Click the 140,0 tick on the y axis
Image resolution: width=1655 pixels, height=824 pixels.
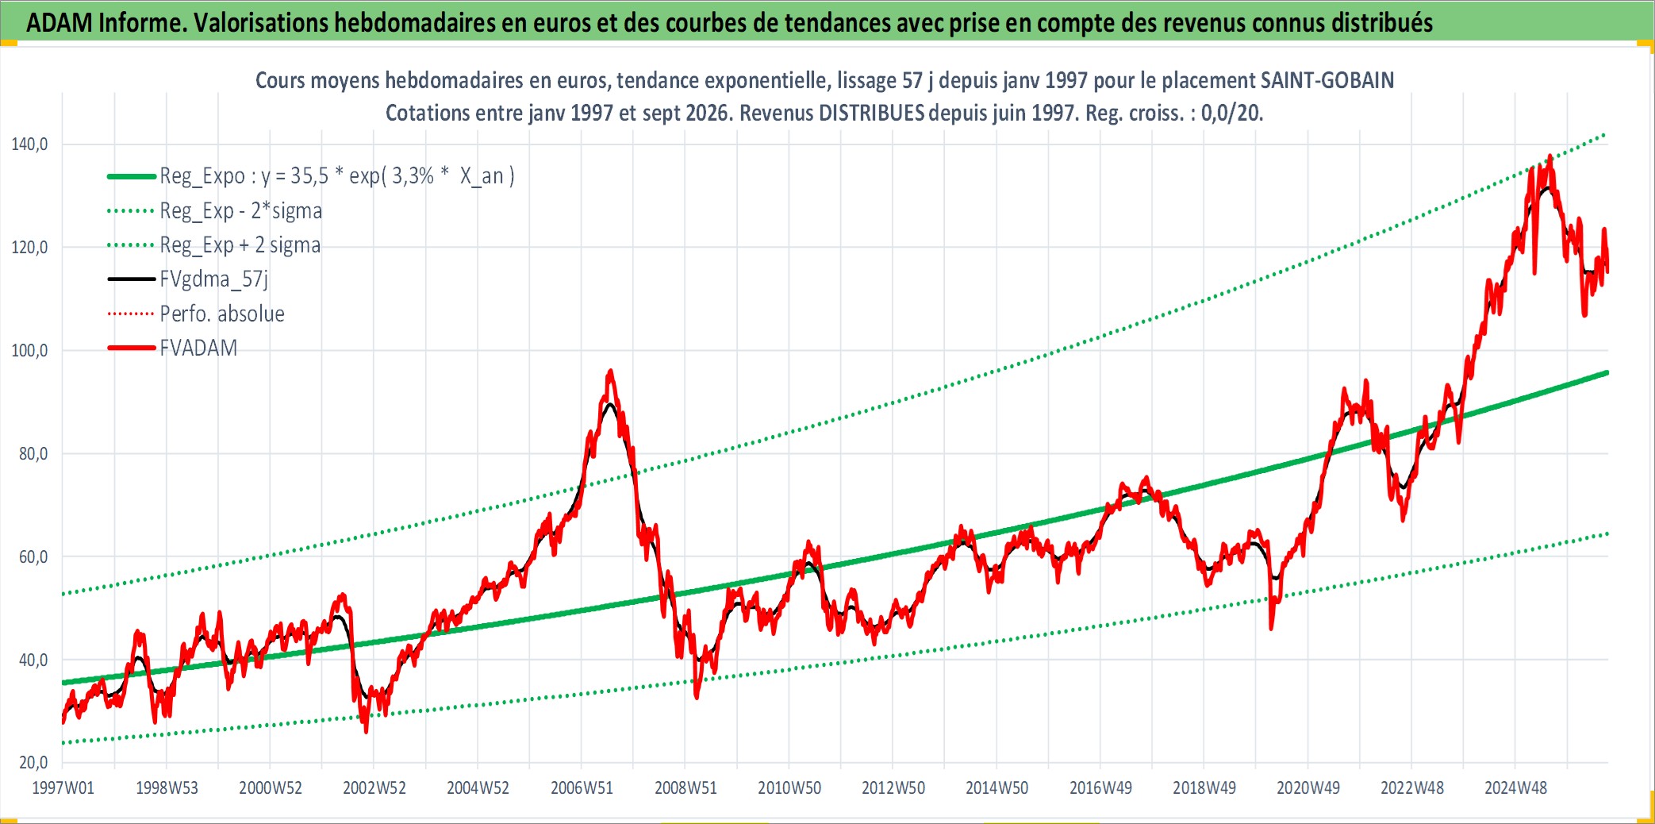pos(29,144)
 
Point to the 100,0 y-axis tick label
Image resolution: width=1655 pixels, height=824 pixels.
pos(29,351)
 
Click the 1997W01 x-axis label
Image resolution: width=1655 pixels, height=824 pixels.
pos(63,788)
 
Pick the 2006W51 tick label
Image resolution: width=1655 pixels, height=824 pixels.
pos(582,788)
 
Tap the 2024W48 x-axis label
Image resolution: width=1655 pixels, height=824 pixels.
pos(1516,788)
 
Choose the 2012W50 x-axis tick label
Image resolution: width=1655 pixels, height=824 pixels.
pos(893,788)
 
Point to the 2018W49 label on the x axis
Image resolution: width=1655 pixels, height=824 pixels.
pos(1204,788)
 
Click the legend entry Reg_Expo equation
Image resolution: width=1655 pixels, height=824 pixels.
pos(337,176)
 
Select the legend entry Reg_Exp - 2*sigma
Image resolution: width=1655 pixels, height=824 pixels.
pos(241,211)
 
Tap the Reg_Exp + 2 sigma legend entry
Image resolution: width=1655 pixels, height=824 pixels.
pos(240,245)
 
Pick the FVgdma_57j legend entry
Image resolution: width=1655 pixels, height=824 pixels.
pos(214,279)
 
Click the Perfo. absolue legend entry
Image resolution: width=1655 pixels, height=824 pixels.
pos(222,314)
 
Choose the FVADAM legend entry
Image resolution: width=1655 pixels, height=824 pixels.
pos(198,348)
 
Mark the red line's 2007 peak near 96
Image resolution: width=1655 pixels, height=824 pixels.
pos(610,371)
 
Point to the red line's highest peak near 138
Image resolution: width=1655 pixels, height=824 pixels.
pos(1550,156)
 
